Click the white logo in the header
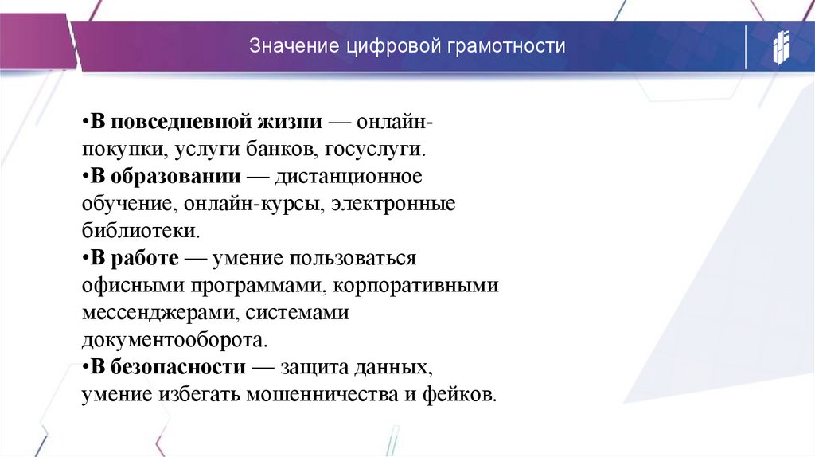[x=779, y=47]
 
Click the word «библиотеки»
[x=139, y=231]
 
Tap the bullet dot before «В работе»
[x=84, y=258]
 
